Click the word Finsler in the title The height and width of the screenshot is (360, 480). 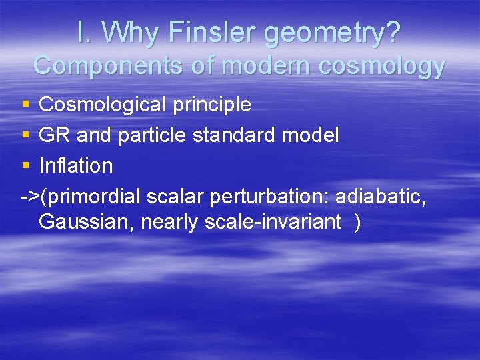click(x=203, y=33)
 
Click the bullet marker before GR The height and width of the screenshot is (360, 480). click(x=25, y=135)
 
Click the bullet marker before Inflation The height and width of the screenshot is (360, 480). click(x=25, y=165)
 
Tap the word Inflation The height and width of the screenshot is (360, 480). click(x=76, y=165)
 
